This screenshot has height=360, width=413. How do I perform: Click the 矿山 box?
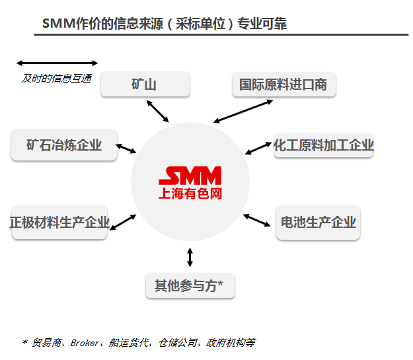[x=145, y=85]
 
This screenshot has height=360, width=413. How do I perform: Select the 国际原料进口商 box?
[x=283, y=85]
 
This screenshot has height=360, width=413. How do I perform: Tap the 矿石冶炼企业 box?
[x=64, y=145]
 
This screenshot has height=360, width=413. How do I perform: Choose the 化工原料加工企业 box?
[x=324, y=145]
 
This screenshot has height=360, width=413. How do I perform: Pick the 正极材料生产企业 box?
[x=59, y=222]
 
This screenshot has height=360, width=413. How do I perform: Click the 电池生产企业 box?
[x=319, y=222]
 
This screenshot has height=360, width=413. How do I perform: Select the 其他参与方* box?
[x=190, y=285]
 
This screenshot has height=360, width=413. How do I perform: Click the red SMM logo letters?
[x=190, y=176]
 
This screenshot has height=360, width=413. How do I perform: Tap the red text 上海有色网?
[x=190, y=194]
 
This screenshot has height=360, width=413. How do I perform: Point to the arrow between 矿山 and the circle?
[x=158, y=111]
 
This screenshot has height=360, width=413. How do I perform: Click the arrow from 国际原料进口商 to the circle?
[x=243, y=110]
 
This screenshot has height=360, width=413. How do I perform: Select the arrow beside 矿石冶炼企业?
[x=126, y=147]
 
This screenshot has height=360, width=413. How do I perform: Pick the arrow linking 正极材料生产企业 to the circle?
[x=123, y=221]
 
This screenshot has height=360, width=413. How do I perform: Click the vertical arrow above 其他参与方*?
[x=190, y=257]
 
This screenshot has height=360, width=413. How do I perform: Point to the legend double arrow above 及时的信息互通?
[x=57, y=63]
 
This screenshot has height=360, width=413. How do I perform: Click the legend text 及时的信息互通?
[x=56, y=79]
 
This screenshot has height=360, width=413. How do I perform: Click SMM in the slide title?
[x=56, y=24]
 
